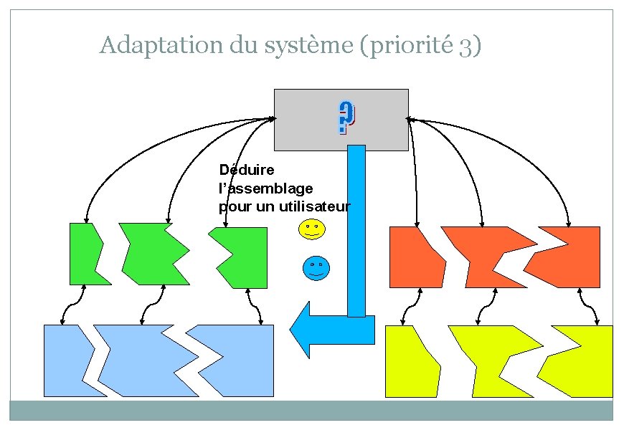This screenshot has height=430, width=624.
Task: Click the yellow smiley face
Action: click(311, 229)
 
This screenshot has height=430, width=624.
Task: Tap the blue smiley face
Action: click(316, 267)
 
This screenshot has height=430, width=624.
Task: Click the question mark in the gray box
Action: click(346, 119)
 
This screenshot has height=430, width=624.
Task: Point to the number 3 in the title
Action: click(465, 47)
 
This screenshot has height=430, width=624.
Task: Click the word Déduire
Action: click(242, 170)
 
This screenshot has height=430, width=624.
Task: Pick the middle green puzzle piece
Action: click(149, 254)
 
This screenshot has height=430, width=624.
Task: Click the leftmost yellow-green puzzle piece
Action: click(411, 362)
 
